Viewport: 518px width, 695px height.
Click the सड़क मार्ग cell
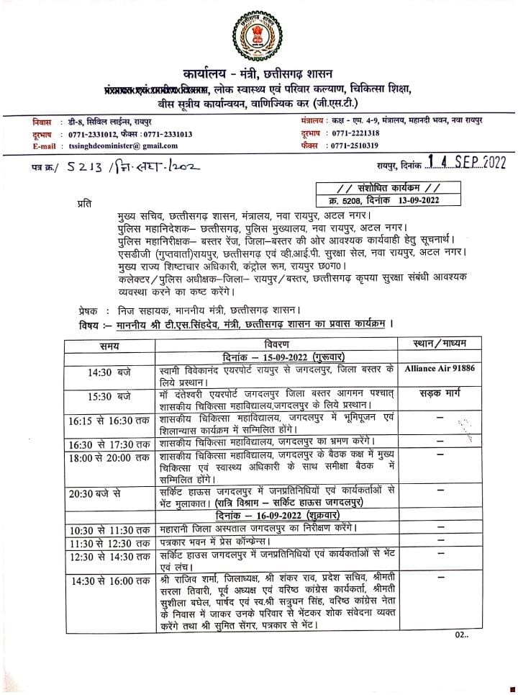pyautogui.click(x=440, y=394)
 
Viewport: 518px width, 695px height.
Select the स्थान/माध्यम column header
pyautogui.click(x=440, y=344)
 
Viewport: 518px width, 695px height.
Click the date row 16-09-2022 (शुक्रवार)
pyautogui.click(x=275, y=516)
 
